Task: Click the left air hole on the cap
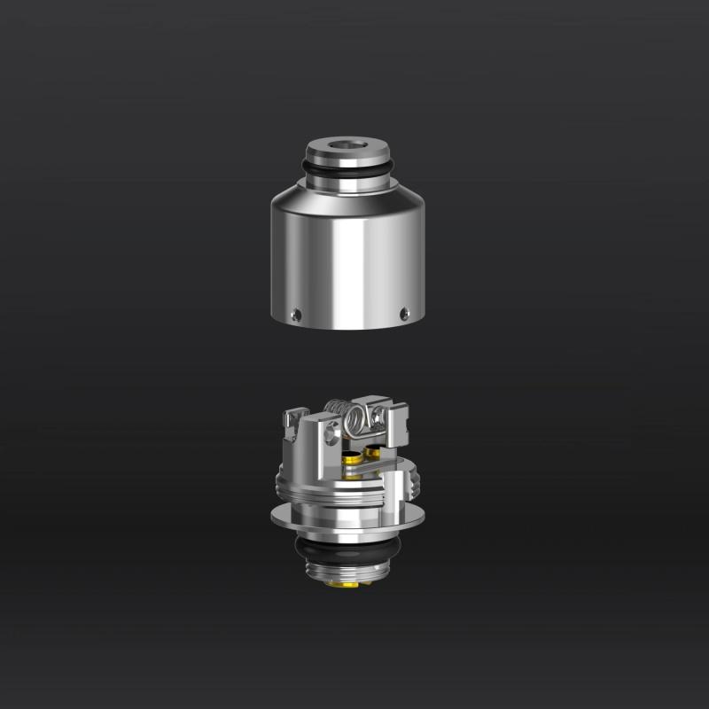pos(297,312)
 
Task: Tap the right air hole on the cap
pos(404,311)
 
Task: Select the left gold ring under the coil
pos(352,458)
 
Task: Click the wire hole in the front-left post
pos(331,432)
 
